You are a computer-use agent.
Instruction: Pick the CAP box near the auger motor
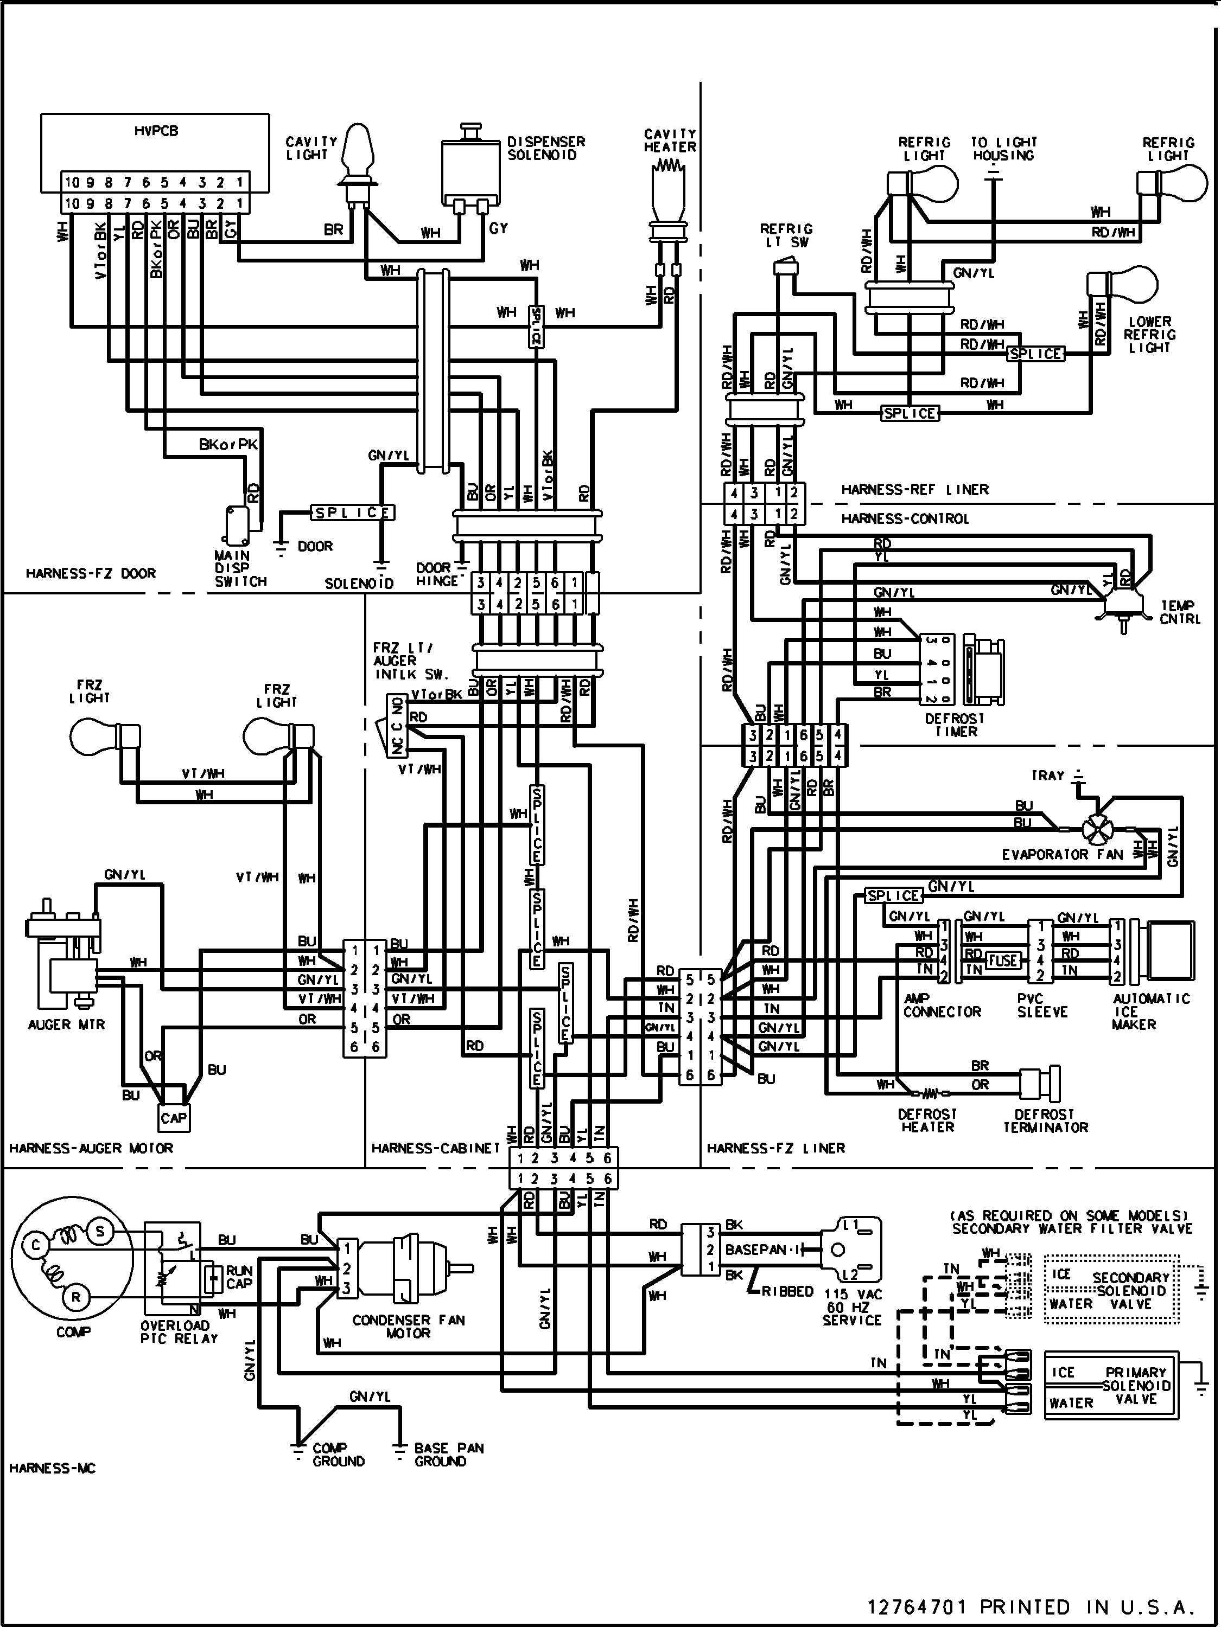[174, 1119]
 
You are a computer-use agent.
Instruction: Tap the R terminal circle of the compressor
[76, 1298]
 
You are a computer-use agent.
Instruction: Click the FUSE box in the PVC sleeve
[1002, 960]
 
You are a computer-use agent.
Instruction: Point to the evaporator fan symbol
[1097, 829]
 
